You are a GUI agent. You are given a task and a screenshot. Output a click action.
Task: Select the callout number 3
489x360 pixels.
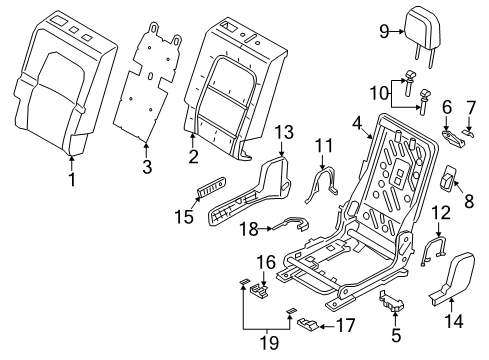point(147,166)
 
